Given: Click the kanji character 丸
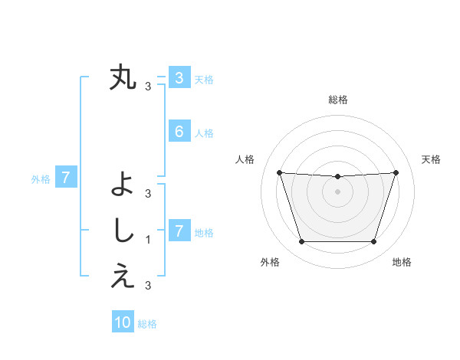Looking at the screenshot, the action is point(123,78).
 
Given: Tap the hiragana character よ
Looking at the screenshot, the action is point(123,184).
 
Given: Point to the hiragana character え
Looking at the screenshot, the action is point(123,277).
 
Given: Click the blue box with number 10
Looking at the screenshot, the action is point(123,322).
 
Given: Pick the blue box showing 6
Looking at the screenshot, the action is point(179,132).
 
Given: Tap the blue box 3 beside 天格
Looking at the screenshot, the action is point(179,78).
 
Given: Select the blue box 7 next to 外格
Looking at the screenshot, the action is point(66,178).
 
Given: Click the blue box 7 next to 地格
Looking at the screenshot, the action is point(179,231).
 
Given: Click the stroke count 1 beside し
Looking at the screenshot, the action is point(148,240).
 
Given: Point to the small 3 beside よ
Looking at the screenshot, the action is point(148,193).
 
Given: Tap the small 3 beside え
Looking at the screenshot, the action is point(148,286).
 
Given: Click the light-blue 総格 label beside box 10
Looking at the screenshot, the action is point(147,324).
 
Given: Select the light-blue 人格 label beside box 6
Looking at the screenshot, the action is point(204,133).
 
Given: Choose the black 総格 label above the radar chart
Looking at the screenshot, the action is point(337,100).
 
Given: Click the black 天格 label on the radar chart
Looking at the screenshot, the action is point(432,159).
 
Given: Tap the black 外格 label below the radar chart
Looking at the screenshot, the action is point(270,262).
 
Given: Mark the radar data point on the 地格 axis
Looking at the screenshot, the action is point(373,242).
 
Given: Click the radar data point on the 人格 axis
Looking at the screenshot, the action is point(279,172).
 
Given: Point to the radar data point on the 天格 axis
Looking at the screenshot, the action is point(396,172).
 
